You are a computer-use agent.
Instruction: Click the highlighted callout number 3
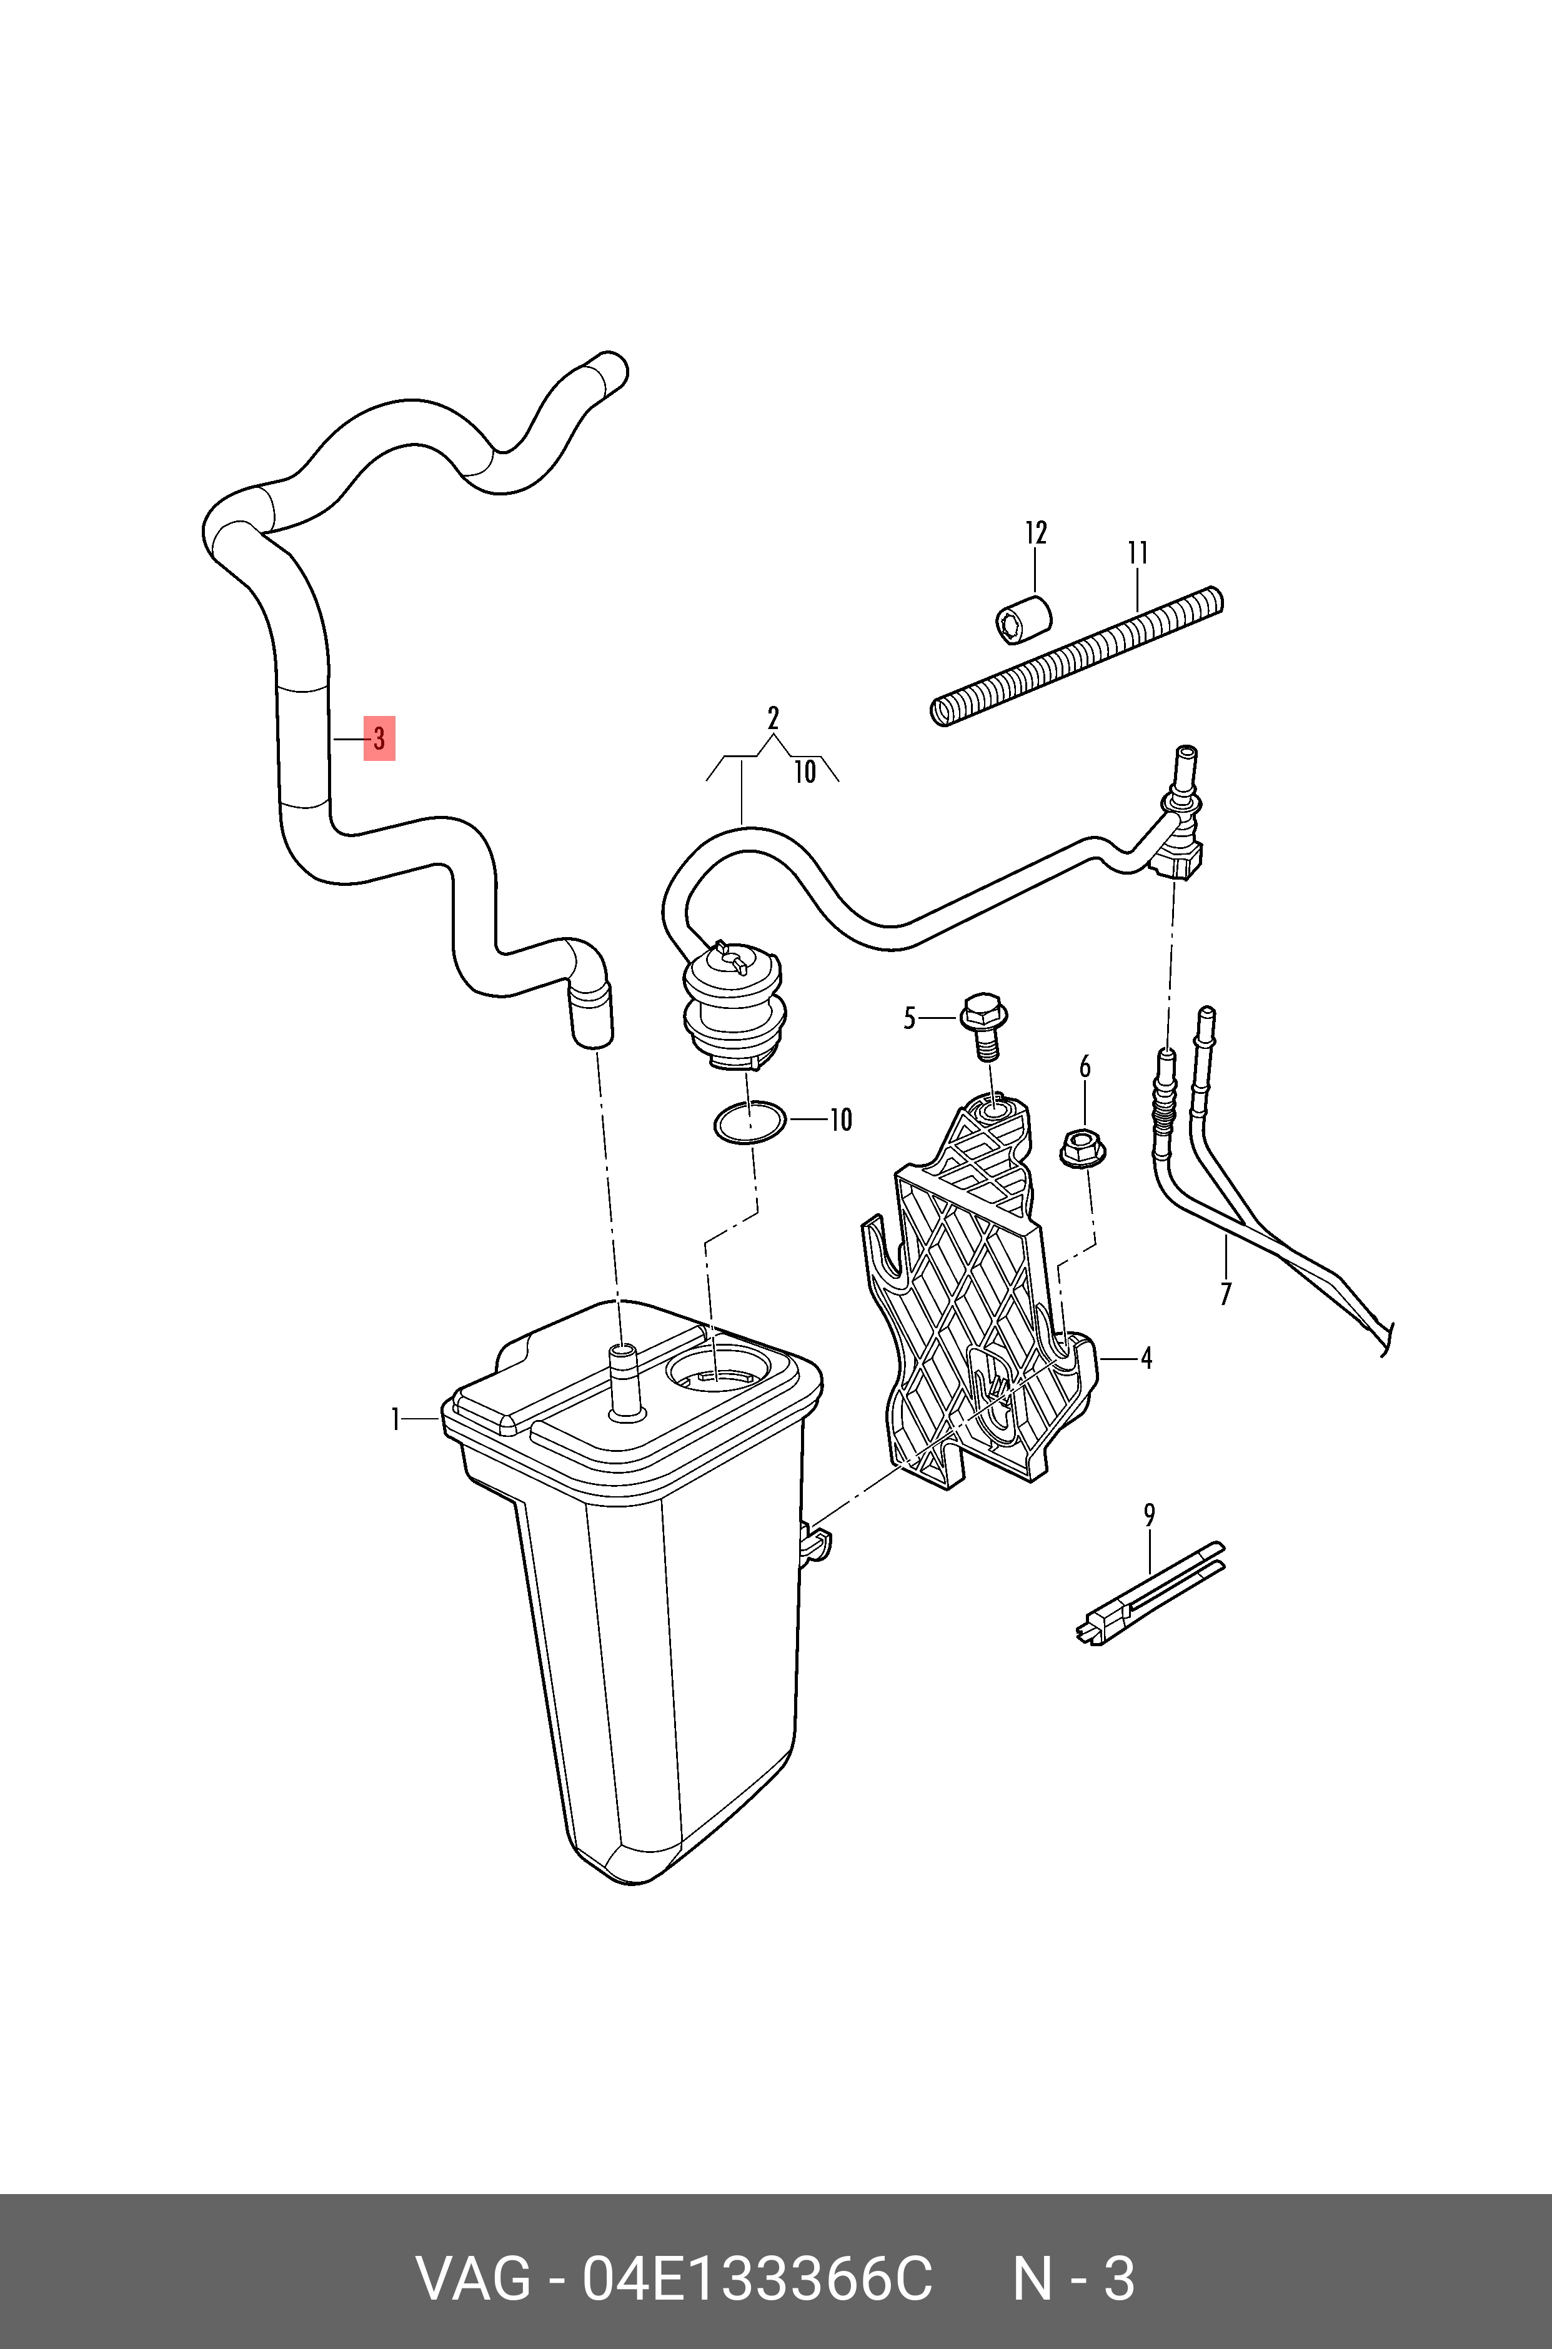click(379, 738)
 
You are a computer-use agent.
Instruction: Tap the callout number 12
click(1035, 534)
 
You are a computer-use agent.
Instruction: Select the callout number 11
click(1138, 552)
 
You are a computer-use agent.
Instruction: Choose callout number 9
click(1149, 1515)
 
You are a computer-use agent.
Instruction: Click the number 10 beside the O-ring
click(840, 1120)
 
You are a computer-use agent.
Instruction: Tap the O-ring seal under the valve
click(750, 1122)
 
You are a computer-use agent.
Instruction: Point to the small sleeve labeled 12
click(1022, 618)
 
